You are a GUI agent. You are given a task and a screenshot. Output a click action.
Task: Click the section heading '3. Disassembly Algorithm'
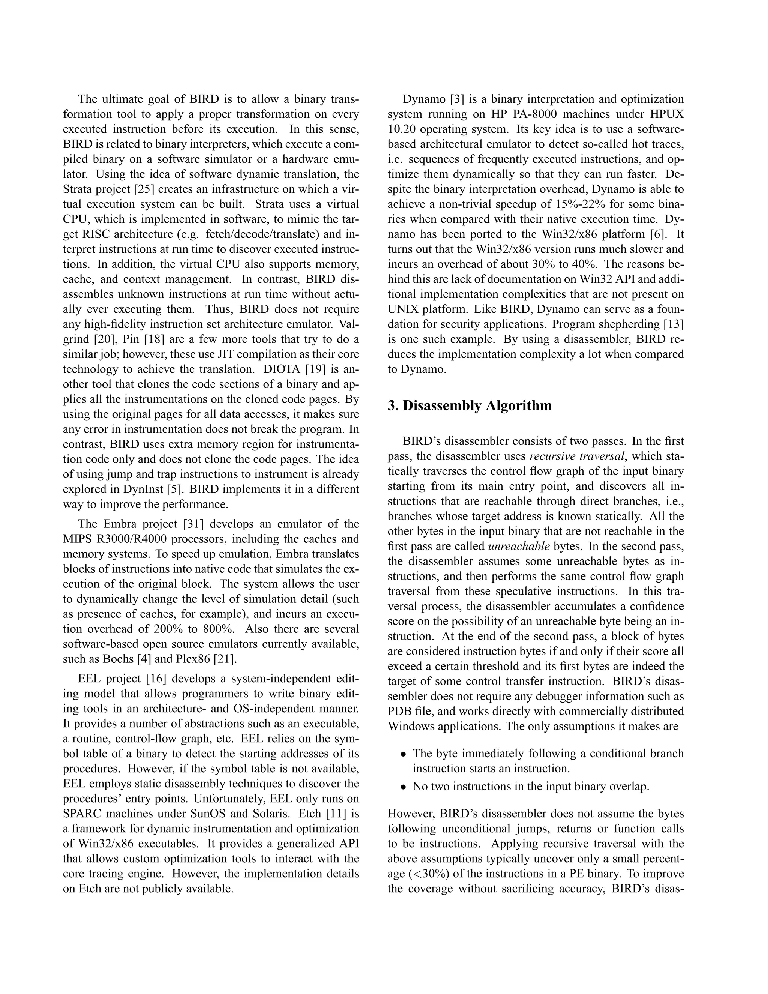pyautogui.click(x=469, y=405)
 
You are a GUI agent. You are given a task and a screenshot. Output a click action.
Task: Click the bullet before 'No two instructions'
pyautogui.click(x=403, y=787)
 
